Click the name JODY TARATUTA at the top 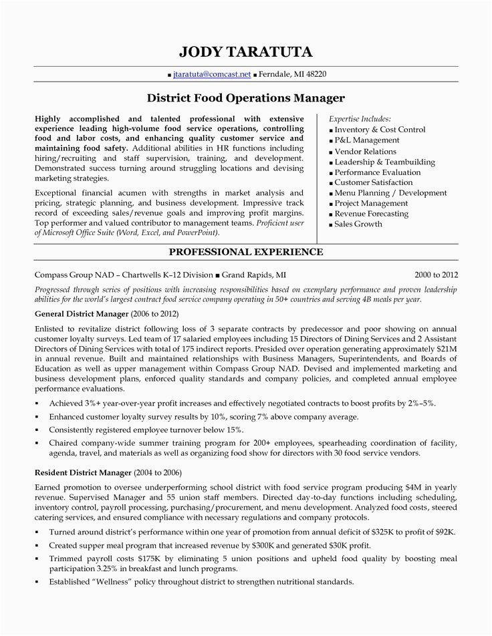[x=245, y=51]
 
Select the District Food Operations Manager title [x=245, y=98]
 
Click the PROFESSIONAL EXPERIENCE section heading [x=245, y=252]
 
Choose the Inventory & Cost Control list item [x=380, y=130]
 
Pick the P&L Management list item [x=367, y=140]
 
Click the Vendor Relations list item [x=366, y=151]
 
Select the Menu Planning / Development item [x=390, y=193]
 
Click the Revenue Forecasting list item [x=371, y=214]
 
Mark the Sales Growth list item [x=358, y=224]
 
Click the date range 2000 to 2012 [x=436, y=275]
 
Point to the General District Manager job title [x=77, y=313]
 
